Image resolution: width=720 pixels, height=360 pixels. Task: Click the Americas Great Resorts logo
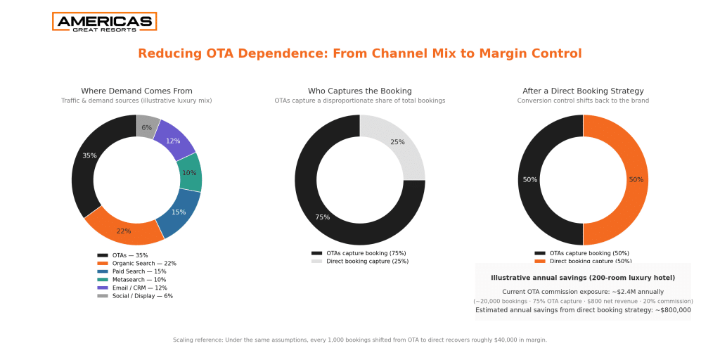coord(104,22)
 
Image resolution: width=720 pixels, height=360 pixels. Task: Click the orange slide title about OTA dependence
coord(359,53)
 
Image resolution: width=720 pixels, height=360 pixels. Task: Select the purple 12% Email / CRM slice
coord(174,140)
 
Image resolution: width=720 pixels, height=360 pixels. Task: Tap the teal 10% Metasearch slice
coord(189,172)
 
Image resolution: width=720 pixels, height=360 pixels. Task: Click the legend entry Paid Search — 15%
coord(139,271)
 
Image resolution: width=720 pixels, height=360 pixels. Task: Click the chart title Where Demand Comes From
coord(136,91)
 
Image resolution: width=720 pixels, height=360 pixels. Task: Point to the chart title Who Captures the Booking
coord(359,91)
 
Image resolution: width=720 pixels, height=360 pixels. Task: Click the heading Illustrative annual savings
coord(582,278)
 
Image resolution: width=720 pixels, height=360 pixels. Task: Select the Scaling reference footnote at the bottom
coord(359,340)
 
